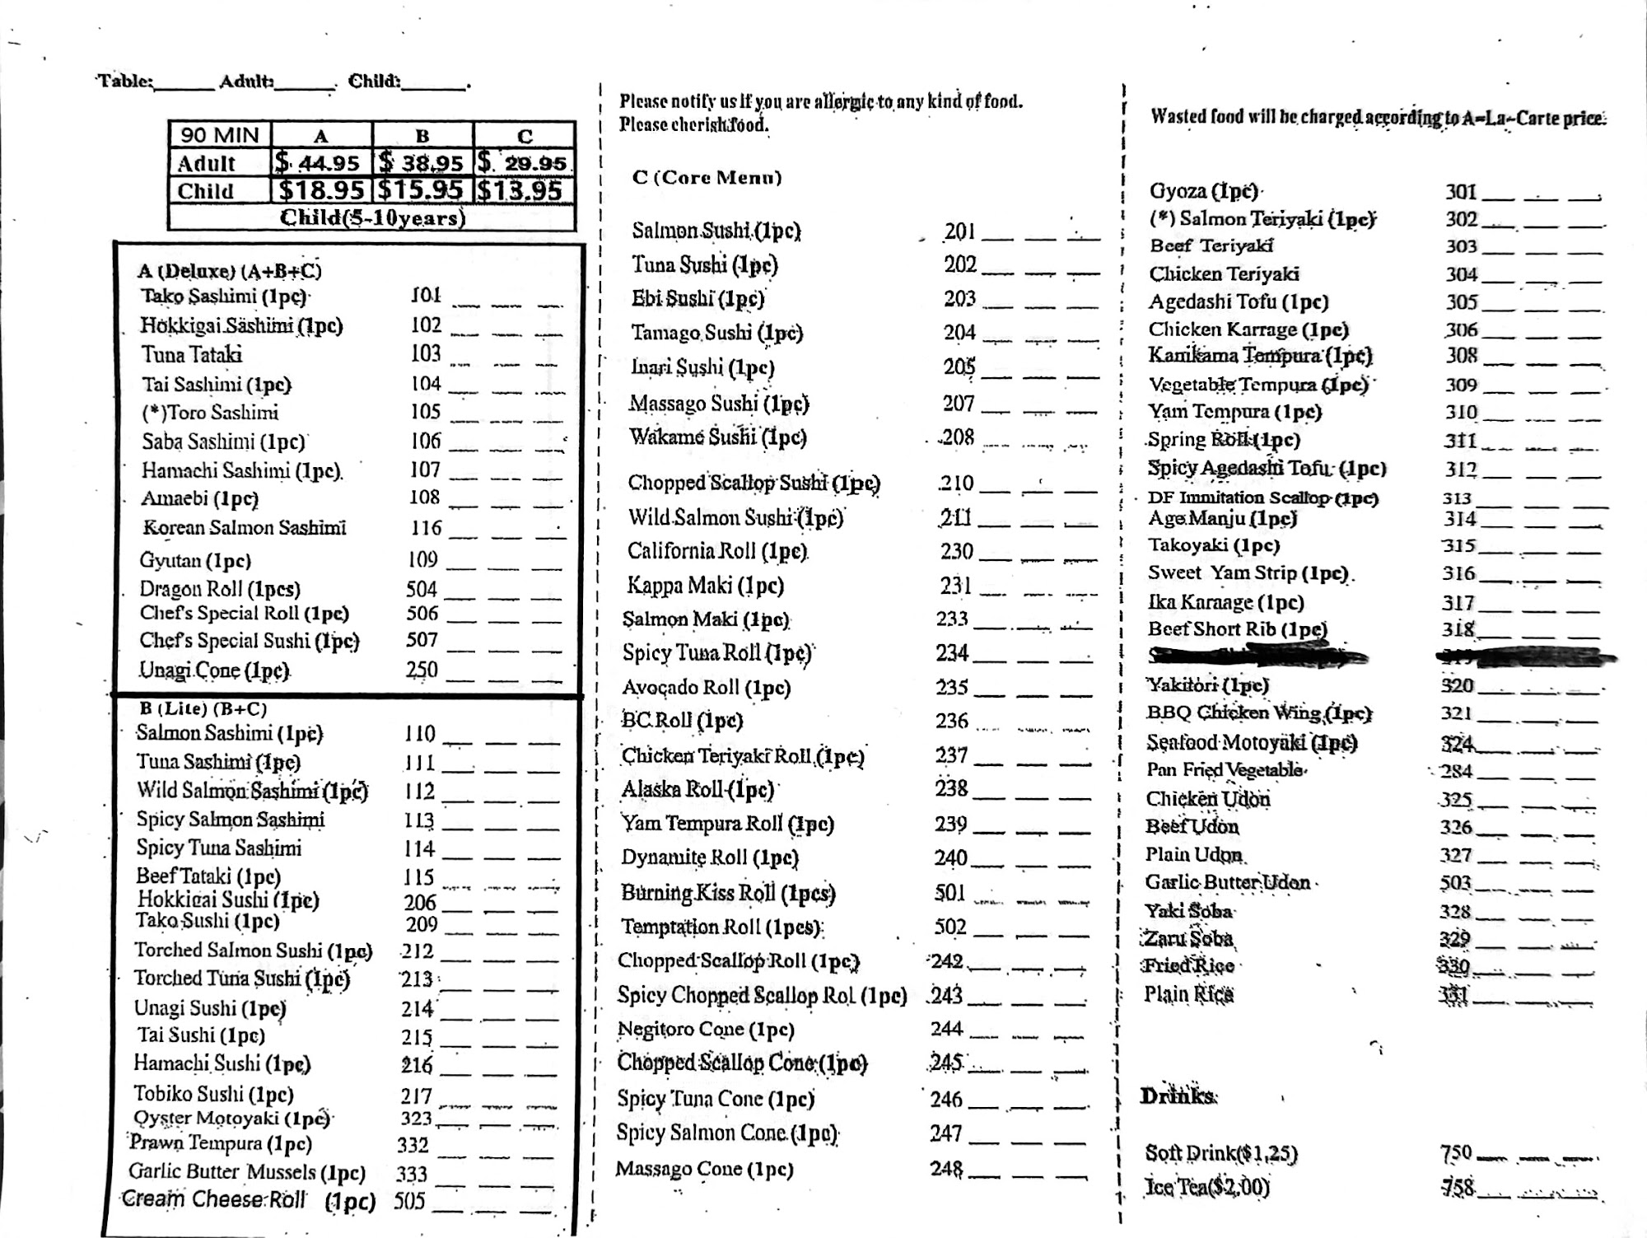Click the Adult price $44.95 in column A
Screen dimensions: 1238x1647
pos(320,163)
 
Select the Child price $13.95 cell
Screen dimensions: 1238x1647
pos(523,191)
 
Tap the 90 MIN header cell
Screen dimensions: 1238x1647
pos(219,135)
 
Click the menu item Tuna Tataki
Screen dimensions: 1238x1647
pos(192,355)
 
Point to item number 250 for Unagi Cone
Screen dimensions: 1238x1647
pos(421,670)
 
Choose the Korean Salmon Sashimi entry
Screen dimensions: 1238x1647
pos(245,528)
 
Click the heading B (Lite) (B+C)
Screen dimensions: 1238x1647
pos(203,708)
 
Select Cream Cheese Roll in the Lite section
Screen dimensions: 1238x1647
pos(213,1199)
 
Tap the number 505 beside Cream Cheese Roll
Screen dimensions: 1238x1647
pos(409,1201)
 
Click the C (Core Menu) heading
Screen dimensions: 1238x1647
pos(707,177)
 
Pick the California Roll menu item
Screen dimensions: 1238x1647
pos(716,551)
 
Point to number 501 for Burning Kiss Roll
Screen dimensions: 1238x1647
pos(949,893)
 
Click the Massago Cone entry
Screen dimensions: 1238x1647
pos(704,1169)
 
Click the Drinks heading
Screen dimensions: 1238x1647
pos(1177,1096)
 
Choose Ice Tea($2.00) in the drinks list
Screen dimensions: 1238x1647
pos(1206,1187)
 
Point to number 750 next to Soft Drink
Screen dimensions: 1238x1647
pos(1456,1153)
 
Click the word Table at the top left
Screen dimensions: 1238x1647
pos(124,82)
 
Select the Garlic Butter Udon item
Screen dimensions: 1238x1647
pos(1227,883)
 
